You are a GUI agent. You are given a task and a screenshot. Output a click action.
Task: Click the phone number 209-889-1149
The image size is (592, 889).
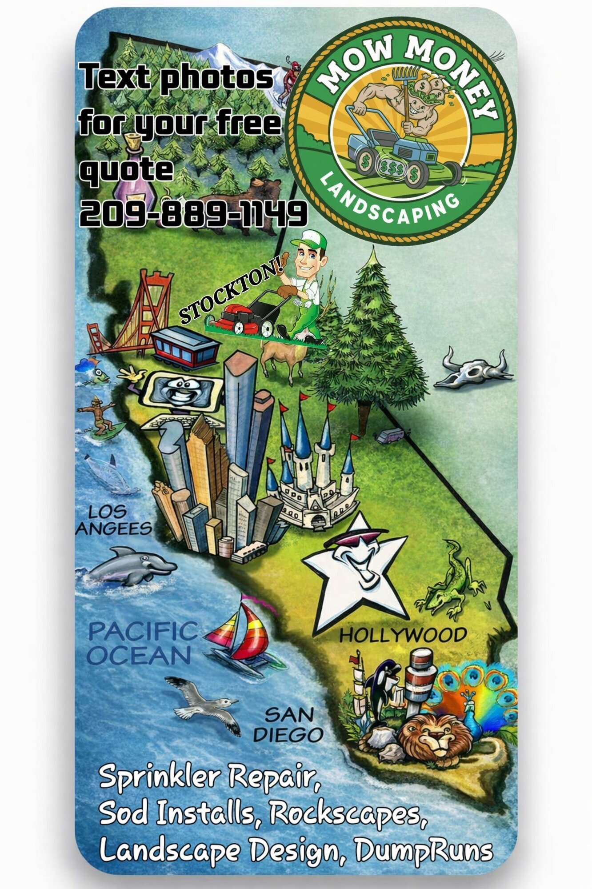pos(193,213)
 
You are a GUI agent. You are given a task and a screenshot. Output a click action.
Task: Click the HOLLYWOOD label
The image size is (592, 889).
pos(403,635)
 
